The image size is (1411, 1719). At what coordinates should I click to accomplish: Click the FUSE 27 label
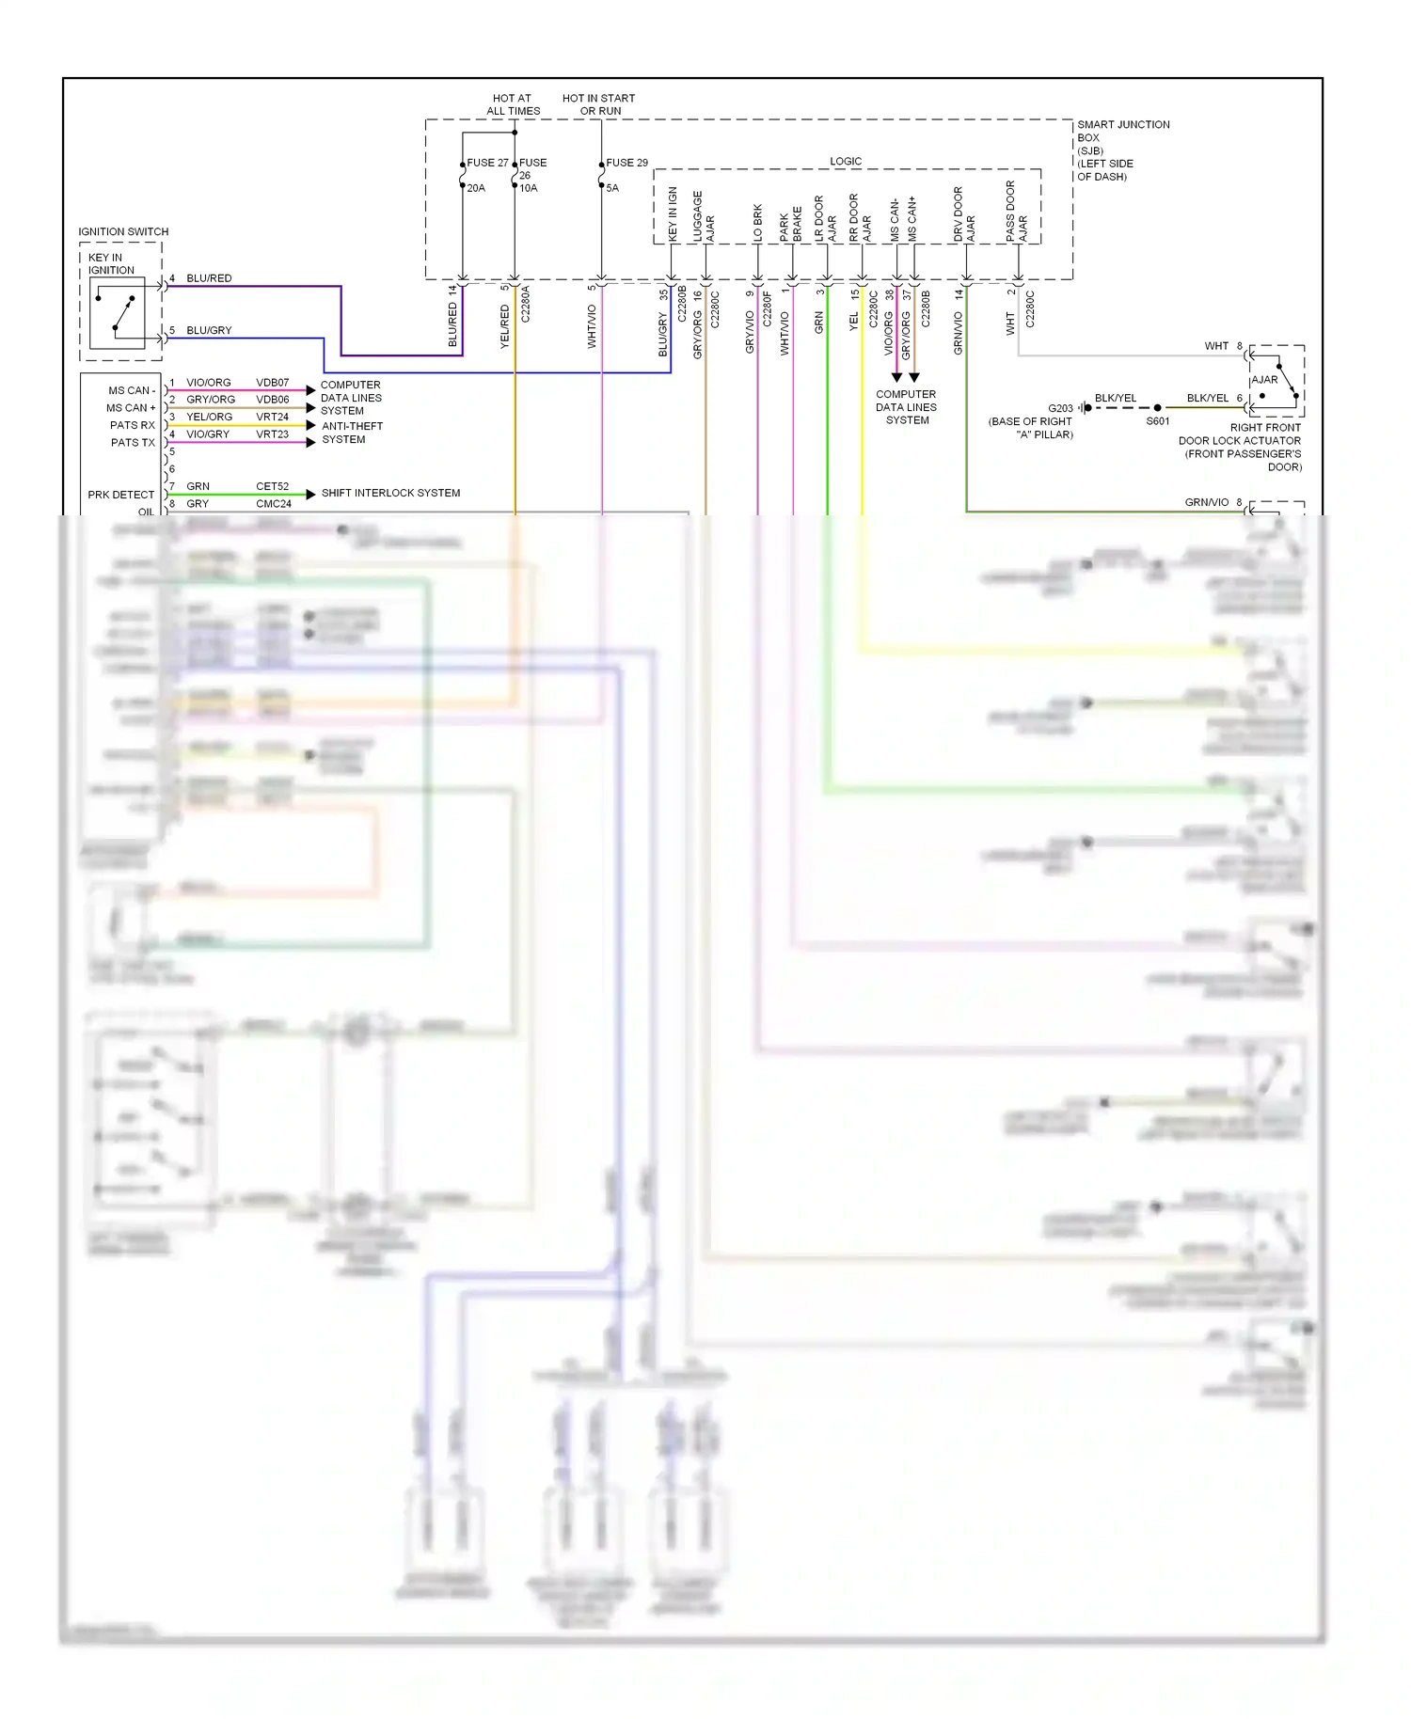(x=487, y=163)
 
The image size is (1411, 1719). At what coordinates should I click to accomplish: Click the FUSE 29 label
(x=626, y=163)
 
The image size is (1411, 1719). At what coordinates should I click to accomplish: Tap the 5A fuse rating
(x=612, y=188)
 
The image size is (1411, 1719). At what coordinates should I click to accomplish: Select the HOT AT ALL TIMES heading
(x=513, y=104)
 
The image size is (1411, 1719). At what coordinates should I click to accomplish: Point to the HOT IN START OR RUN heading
(x=599, y=104)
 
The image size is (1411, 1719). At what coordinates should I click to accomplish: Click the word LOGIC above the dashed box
(x=846, y=162)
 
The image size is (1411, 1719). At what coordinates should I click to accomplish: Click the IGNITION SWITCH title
(x=123, y=231)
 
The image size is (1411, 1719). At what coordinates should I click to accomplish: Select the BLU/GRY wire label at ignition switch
(x=209, y=331)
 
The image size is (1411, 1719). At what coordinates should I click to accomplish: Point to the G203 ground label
(x=1060, y=408)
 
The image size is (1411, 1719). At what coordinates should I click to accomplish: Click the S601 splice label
(x=1157, y=421)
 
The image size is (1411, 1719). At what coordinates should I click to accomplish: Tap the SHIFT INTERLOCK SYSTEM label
(x=390, y=493)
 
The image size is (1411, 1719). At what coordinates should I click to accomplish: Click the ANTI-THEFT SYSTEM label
(x=352, y=433)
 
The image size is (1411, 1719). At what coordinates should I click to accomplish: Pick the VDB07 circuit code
(x=272, y=383)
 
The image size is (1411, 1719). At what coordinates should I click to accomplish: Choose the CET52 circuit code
(x=272, y=486)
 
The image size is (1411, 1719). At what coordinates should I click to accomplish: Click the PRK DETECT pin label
(x=120, y=495)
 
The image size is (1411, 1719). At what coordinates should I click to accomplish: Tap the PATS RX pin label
(x=132, y=425)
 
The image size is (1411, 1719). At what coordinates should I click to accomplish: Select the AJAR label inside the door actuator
(x=1264, y=380)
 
